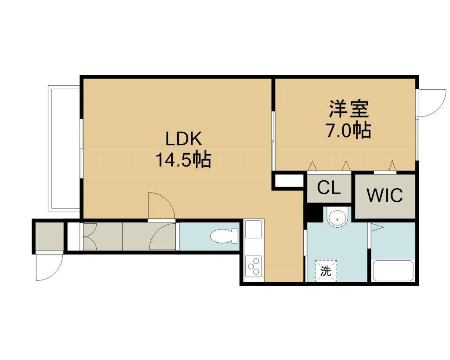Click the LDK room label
pos(184,139)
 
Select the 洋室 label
pos(348,109)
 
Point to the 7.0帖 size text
pos(348,130)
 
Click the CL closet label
pos(329,188)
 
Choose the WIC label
pos(385,195)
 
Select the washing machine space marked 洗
pos(326,271)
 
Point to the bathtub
pos(392,271)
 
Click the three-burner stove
pos(254,267)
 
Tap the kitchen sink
pos(253,229)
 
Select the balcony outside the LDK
pos(64,149)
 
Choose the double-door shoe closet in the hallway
pos(103,236)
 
